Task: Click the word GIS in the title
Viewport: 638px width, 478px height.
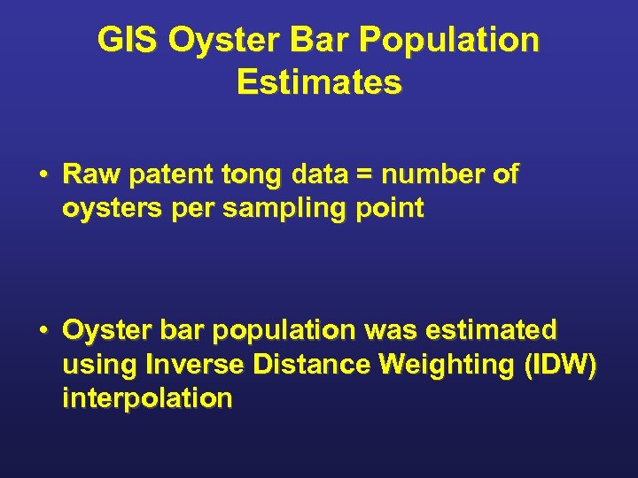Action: pos(127,40)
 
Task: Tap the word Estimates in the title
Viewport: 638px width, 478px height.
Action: pos(319,82)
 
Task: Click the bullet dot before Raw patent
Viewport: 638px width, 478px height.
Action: pos(42,175)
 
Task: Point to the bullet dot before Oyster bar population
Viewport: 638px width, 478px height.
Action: pos(42,331)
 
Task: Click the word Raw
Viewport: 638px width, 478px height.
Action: pos(92,175)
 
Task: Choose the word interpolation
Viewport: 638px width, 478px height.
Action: pos(147,398)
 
